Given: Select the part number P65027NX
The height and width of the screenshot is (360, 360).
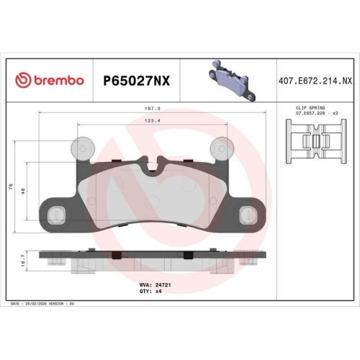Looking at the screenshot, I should (138, 80).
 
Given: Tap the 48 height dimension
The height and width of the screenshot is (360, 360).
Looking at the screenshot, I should (24, 192).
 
